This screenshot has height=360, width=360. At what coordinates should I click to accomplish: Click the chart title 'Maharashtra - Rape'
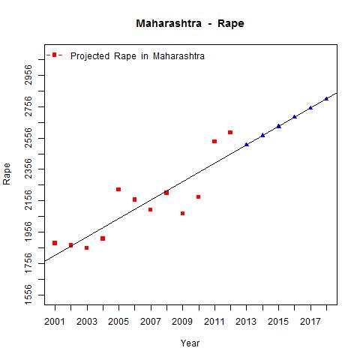click(x=190, y=23)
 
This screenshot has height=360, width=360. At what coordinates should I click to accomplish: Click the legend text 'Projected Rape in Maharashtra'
click(x=137, y=56)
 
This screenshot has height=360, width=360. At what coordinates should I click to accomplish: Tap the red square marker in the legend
click(x=54, y=55)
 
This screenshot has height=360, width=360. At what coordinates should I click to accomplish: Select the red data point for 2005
click(x=118, y=189)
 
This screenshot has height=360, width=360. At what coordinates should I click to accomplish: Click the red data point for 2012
click(x=230, y=132)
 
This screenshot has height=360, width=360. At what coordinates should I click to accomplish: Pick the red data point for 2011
click(x=214, y=141)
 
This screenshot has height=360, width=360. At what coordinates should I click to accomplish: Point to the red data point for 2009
click(x=182, y=213)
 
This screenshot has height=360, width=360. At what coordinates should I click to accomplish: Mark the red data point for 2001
click(x=55, y=243)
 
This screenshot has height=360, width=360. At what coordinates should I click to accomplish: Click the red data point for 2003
click(x=86, y=247)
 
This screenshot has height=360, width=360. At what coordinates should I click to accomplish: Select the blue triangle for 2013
click(x=247, y=144)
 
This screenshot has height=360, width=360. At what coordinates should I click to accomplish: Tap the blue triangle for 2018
click(x=326, y=98)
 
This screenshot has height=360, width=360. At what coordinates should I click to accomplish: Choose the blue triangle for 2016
click(x=295, y=116)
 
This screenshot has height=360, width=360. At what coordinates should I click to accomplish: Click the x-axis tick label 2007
click(x=151, y=322)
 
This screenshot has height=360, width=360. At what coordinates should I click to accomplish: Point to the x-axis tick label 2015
click(x=279, y=322)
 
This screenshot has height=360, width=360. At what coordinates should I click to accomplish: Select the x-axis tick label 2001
click(x=55, y=322)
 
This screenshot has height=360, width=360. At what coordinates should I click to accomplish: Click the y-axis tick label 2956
click(x=28, y=76)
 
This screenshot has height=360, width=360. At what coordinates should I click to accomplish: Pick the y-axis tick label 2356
click(x=28, y=170)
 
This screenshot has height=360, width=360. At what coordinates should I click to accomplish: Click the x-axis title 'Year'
click(x=190, y=343)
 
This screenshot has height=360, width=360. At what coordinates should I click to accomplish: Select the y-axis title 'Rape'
click(x=7, y=173)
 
